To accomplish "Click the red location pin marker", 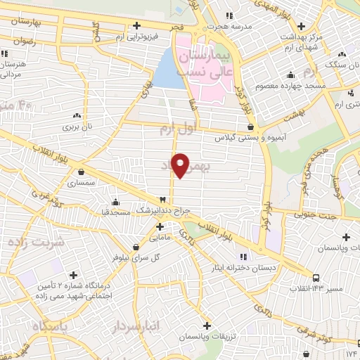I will [181, 165].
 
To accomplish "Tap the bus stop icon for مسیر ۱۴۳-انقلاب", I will [317, 277].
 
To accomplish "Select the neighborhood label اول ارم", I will [176, 128].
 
